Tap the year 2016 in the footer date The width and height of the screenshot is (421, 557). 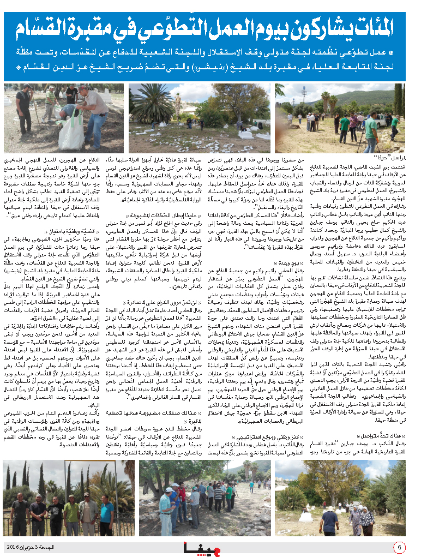pos(16,547)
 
